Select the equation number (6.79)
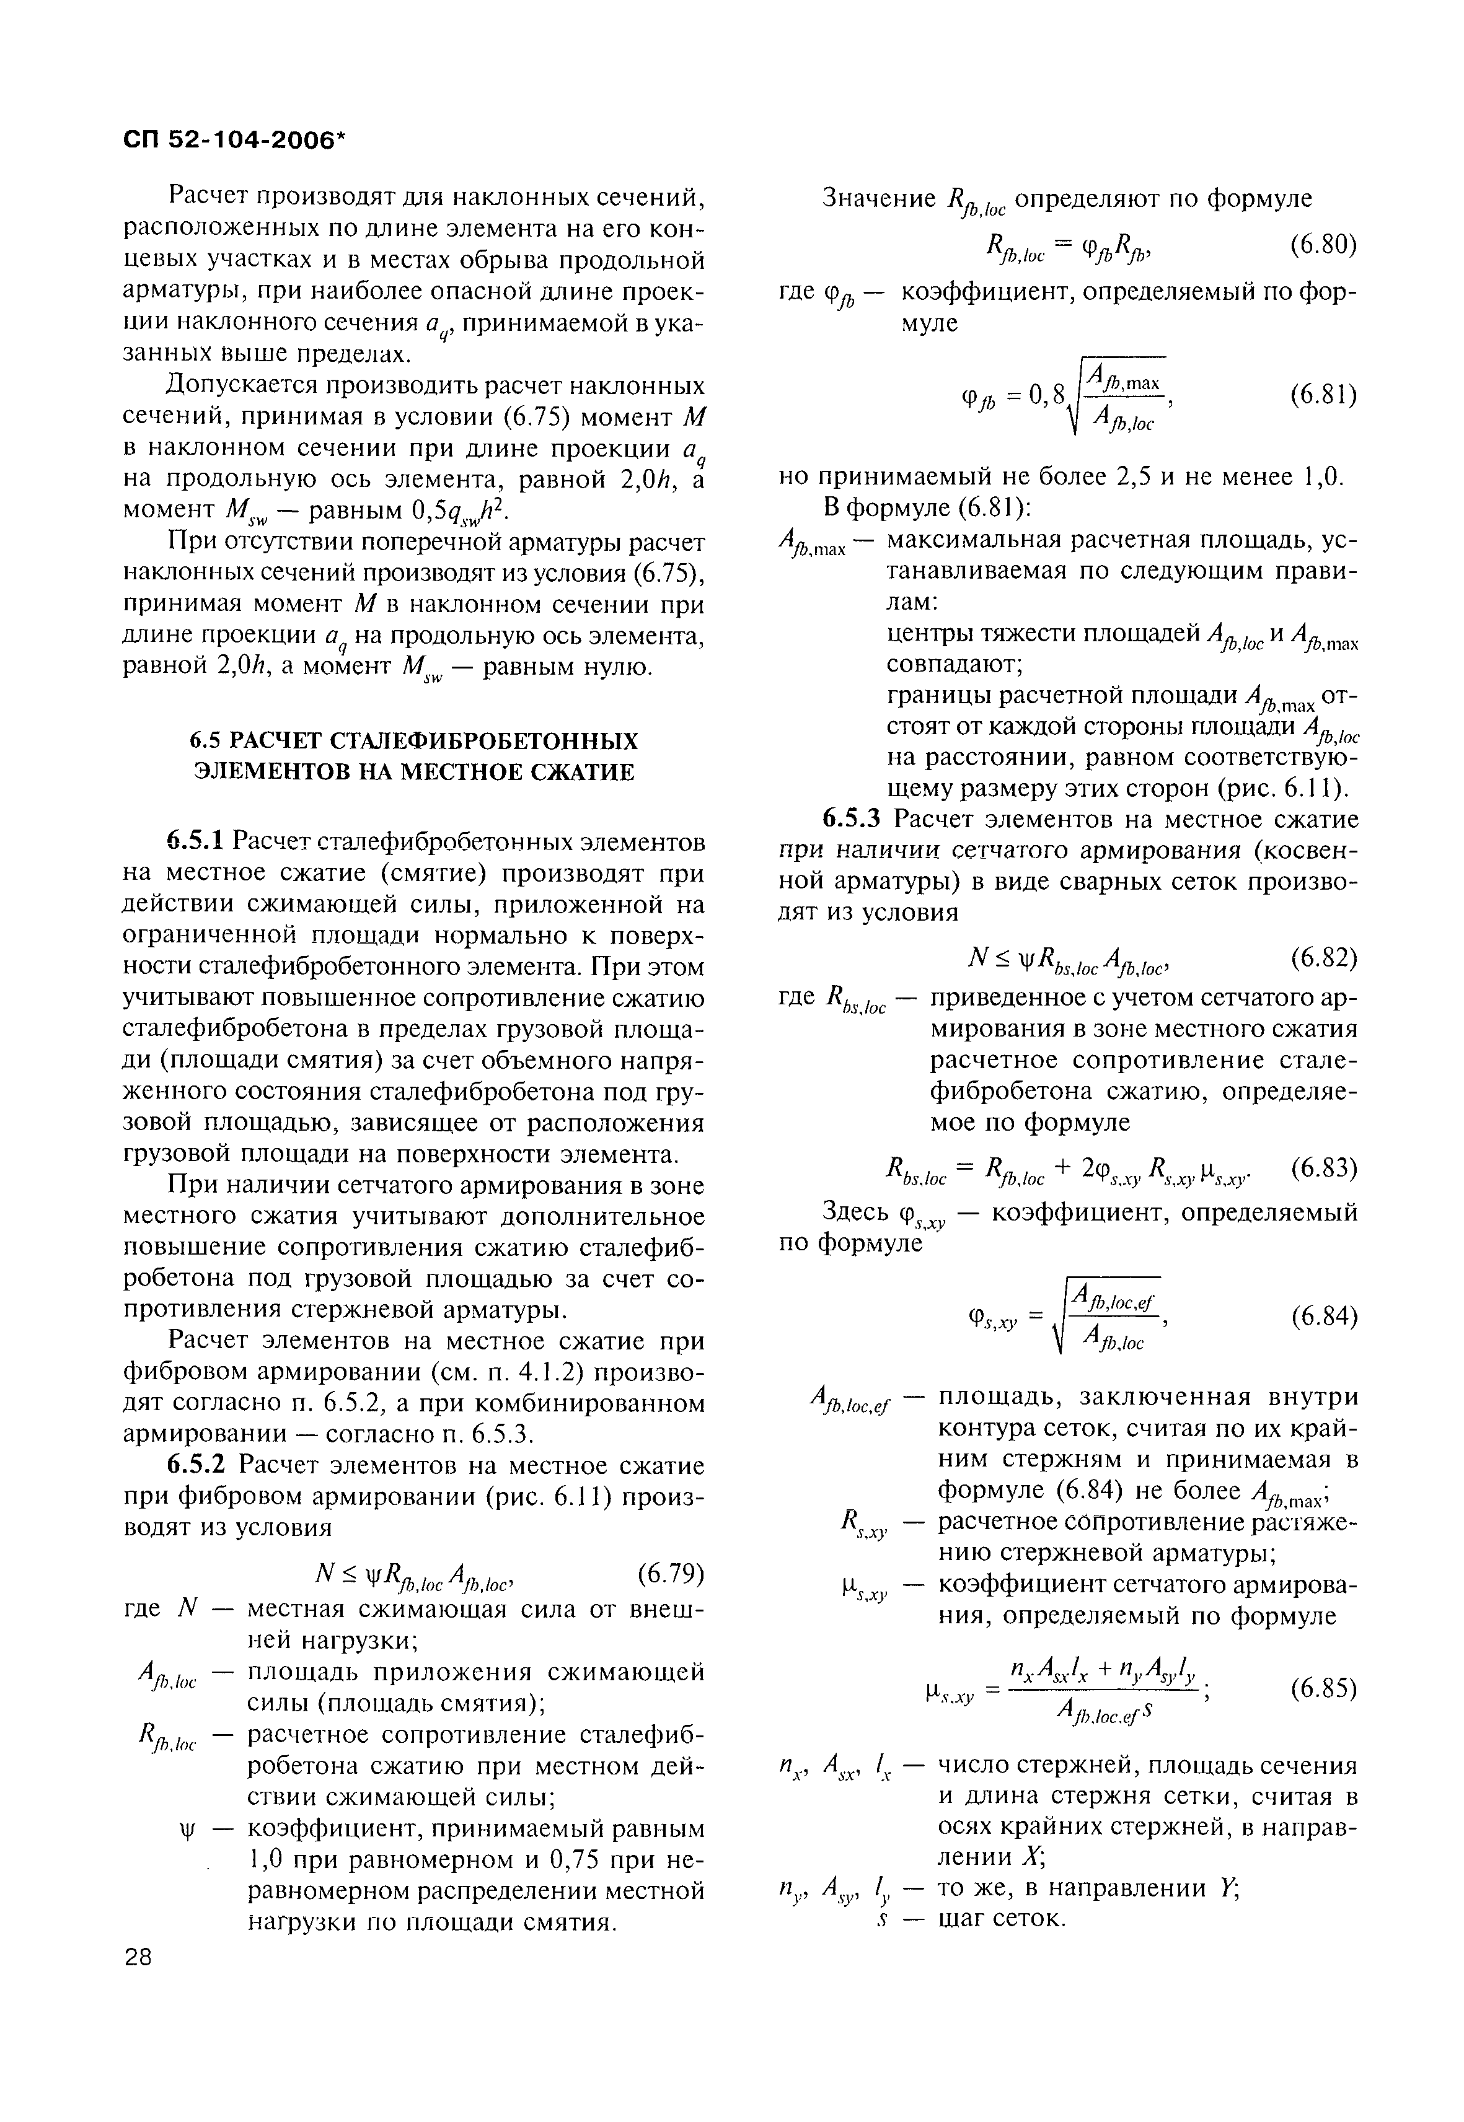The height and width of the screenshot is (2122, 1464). pyautogui.click(x=669, y=1572)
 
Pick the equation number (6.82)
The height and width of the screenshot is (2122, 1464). pyautogui.click(x=1323, y=958)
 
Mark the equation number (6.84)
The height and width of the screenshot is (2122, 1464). pyautogui.click(x=1323, y=1317)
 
